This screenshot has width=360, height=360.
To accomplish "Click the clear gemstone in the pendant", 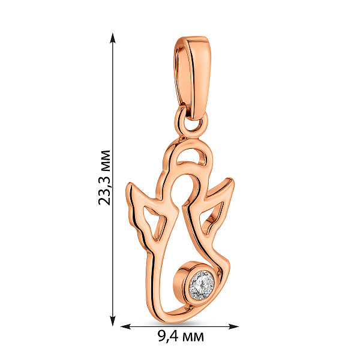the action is (202, 286).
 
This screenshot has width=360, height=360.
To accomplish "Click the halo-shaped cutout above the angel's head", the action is (191, 157).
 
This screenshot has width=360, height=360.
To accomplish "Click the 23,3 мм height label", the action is (104, 178).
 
